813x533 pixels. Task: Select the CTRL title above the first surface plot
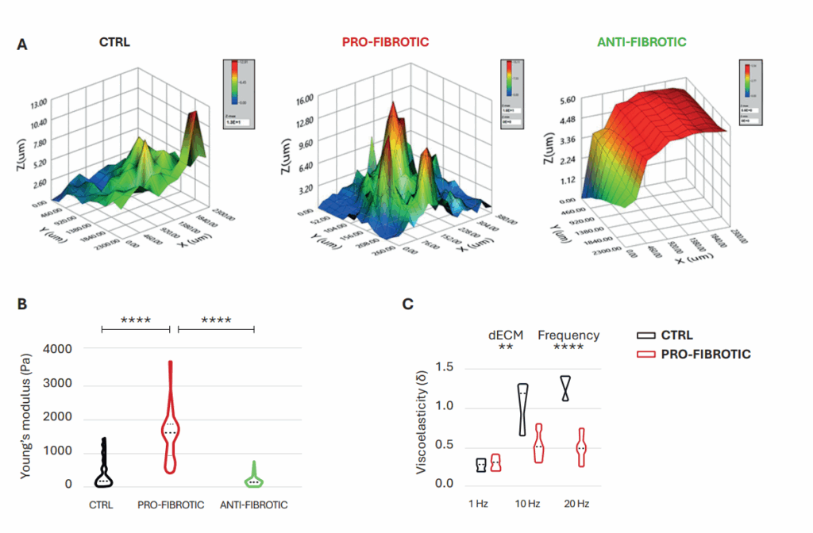coord(114,41)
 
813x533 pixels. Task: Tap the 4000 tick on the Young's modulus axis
coord(57,349)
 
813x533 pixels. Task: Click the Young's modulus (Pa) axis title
coord(26,416)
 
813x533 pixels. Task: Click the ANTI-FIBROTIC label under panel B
coord(254,504)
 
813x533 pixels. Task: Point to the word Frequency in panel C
coord(568,336)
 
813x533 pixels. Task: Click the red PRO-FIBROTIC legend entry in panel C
coord(692,354)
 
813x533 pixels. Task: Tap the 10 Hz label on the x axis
coord(527,504)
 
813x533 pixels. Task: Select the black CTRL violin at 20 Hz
coord(565,388)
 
